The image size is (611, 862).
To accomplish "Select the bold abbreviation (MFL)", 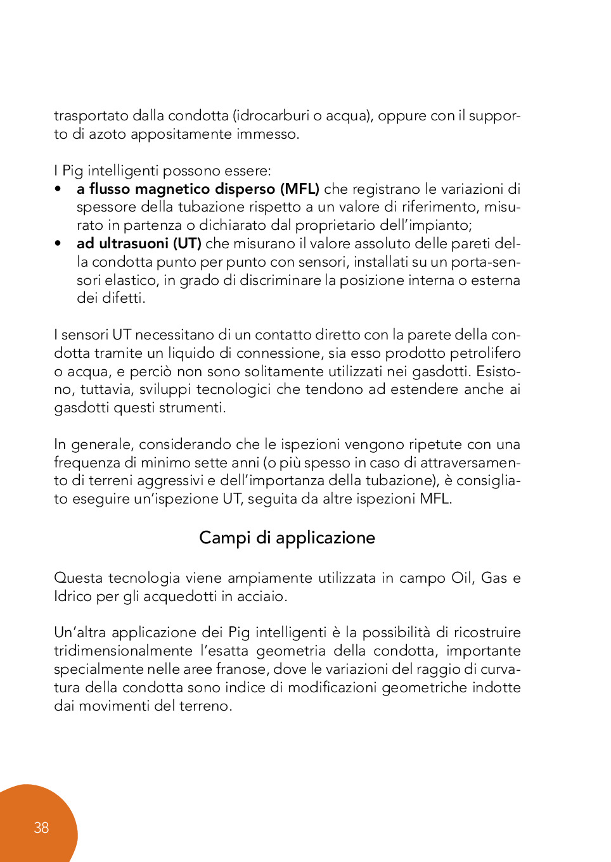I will point(300,189).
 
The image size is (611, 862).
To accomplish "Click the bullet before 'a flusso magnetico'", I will point(58,189).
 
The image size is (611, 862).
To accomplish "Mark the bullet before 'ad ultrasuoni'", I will point(58,244).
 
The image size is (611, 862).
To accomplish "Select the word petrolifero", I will point(485,353).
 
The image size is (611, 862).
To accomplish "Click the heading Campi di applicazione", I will point(287,538).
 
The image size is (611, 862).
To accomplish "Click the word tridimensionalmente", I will point(123,651).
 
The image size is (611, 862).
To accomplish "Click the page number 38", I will point(41,828).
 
